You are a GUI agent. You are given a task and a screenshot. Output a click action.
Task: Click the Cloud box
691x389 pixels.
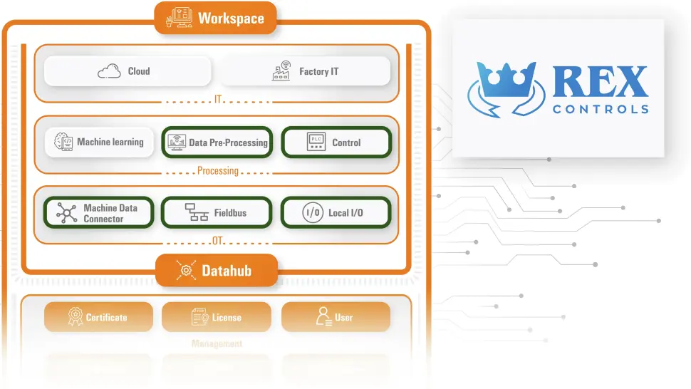click(x=128, y=71)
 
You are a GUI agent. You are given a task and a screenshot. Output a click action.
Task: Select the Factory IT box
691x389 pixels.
click(x=304, y=71)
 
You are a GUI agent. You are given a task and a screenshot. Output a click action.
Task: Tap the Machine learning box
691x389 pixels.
click(x=99, y=142)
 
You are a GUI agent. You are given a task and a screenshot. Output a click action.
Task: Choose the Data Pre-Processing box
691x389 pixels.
click(x=217, y=142)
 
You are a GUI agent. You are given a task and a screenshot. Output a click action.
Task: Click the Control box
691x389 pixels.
click(x=336, y=142)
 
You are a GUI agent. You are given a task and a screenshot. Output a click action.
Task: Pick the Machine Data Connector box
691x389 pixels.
click(x=98, y=213)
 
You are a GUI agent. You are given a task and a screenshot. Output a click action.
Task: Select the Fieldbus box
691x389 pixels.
click(x=217, y=213)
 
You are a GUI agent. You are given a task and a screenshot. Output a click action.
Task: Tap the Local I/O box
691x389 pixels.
click(x=336, y=213)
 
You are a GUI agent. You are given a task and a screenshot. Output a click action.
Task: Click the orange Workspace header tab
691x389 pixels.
click(x=215, y=18)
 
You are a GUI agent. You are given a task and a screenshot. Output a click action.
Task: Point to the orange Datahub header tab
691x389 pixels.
click(x=216, y=270)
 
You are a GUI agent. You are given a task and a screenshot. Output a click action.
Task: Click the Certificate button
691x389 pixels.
click(x=98, y=317)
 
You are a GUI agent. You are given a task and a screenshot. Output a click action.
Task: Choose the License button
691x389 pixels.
click(x=217, y=317)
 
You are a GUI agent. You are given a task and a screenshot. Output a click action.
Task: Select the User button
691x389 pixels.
click(x=336, y=317)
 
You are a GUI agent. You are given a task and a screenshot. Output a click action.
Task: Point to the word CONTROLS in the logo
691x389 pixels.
click(x=600, y=110)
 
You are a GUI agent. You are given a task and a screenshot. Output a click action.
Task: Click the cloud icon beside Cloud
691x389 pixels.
click(x=109, y=71)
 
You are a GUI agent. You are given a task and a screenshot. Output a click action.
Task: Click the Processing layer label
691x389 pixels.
click(x=218, y=171)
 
